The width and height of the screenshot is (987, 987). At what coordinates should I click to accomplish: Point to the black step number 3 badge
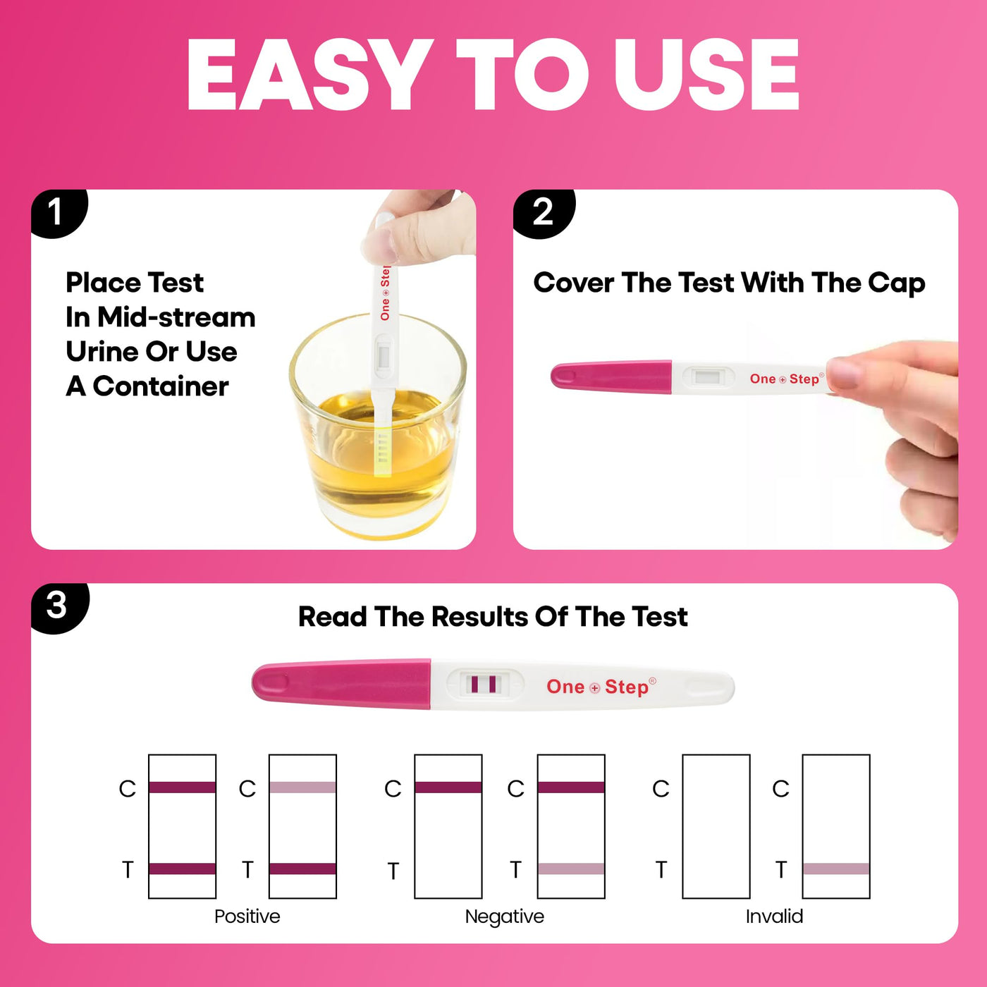point(59,608)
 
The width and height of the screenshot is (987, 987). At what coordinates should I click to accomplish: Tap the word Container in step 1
point(161,386)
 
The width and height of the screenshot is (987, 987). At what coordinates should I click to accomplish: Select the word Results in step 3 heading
point(480,616)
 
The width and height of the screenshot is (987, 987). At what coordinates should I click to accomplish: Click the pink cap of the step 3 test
point(341,684)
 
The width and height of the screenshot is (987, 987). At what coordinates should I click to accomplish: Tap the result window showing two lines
point(484,685)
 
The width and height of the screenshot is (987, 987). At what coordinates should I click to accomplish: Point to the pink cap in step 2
point(611,376)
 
